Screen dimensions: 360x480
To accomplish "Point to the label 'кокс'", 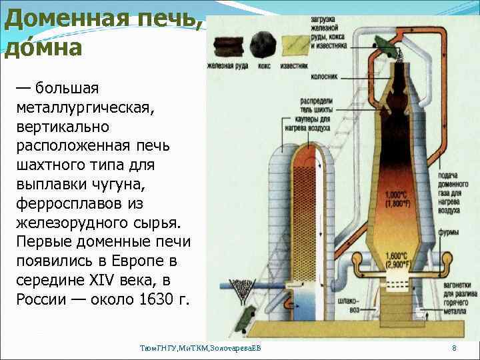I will tap(264, 66).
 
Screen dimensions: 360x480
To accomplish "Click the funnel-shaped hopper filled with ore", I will tap(238, 287).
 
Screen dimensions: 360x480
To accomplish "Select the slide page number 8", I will tap(454, 348).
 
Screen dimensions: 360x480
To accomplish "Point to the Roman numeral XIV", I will tap(103, 278).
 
